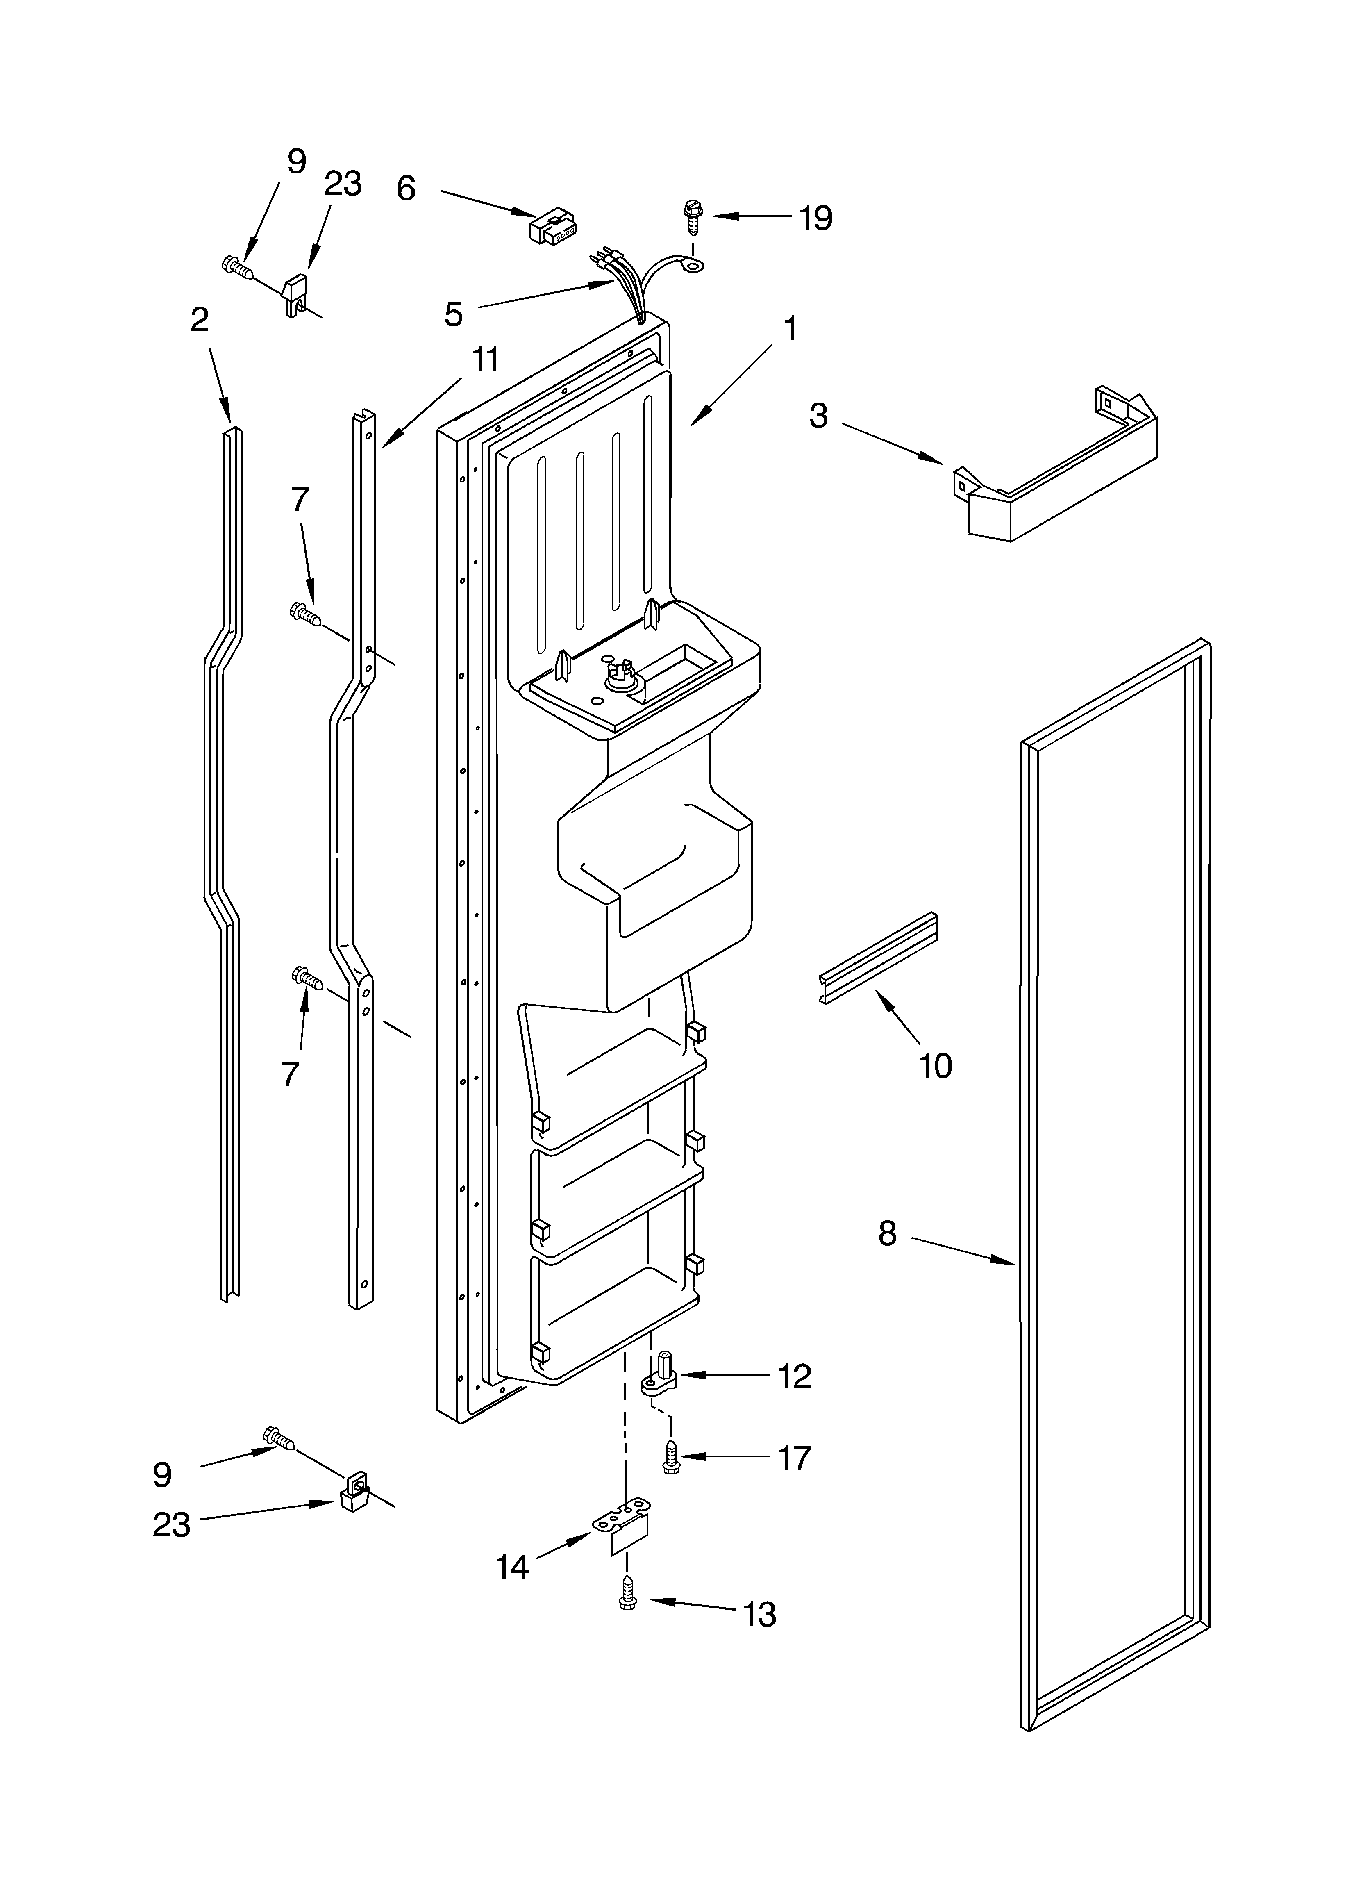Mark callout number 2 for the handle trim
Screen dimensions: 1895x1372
click(200, 319)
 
